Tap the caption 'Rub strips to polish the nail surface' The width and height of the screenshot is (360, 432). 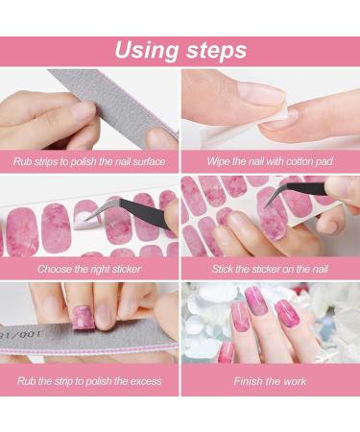coord(89,162)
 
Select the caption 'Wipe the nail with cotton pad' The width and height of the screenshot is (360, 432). coord(270,162)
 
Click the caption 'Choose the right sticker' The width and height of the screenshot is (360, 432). coord(89,269)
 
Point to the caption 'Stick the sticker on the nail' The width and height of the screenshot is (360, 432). coord(270,269)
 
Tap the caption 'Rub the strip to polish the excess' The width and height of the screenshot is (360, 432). coord(89,381)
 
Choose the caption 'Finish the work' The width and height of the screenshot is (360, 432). coord(270,381)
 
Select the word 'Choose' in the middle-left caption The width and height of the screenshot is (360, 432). coord(56,269)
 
